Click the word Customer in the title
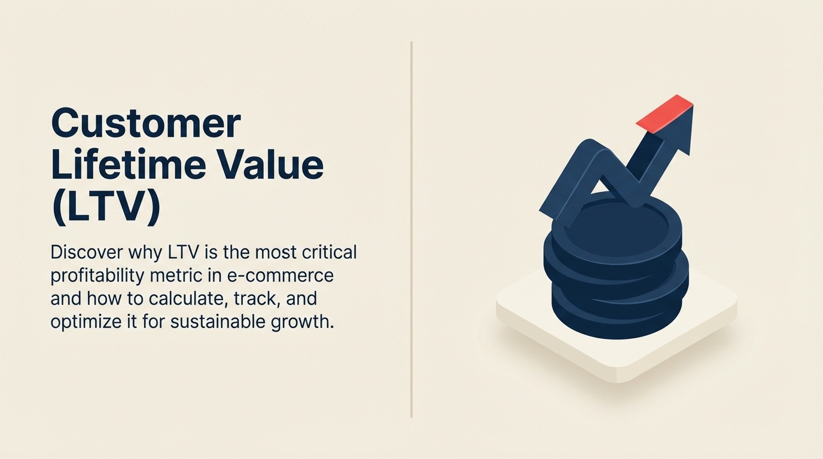pos(146,124)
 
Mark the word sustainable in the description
pos(238,322)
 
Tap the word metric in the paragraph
pos(196,276)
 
